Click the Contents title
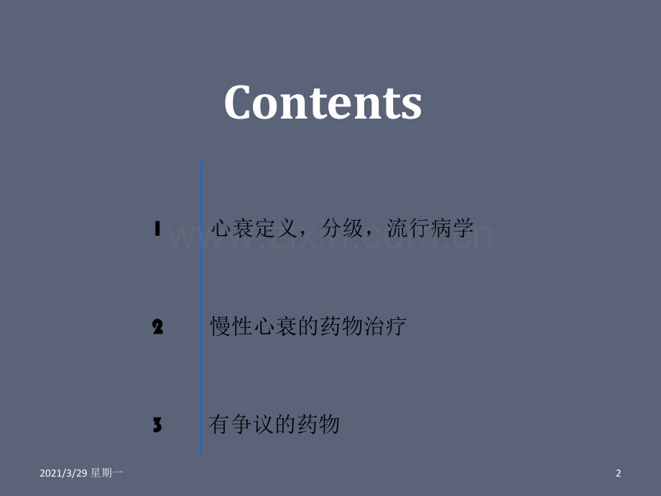click(x=323, y=102)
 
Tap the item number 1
click(x=157, y=229)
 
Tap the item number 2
click(x=158, y=328)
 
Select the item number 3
click(x=157, y=426)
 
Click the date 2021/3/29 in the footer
click(x=63, y=473)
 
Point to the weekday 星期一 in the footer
click(x=107, y=473)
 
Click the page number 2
click(x=618, y=473)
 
